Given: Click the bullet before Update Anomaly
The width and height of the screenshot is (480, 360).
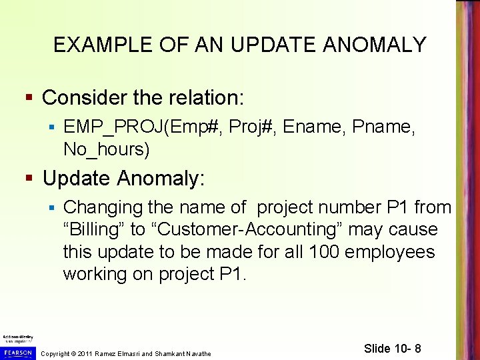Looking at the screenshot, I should [x=28, y=179].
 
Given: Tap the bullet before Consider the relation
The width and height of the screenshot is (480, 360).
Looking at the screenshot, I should [x=28, y=99].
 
